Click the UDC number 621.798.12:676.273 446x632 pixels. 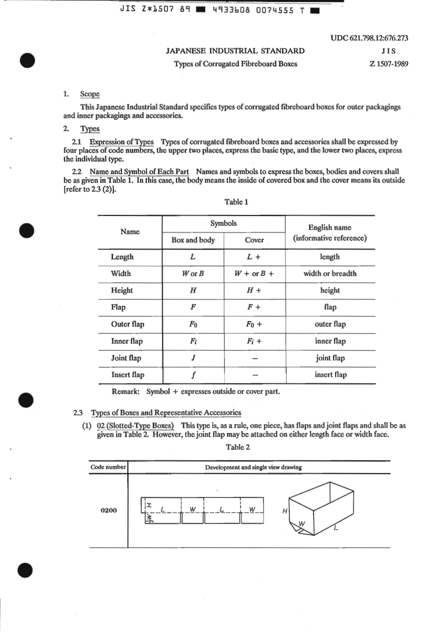[x=369, y=38]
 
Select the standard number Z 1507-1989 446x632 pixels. [x=389, y=64]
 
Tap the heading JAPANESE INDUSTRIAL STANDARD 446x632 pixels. [x=235, y=51]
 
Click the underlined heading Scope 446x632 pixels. [x=90, y=94]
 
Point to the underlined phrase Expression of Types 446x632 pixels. [x=122, y=142]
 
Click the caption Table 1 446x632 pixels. [x=236, y=202]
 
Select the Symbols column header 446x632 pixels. [x=223, y=224]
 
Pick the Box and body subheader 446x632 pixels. [x=193, y=240]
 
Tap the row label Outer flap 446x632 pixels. [x=128, y=324]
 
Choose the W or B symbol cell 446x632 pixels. [x=193, y=274]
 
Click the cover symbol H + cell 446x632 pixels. [x=254, y=291]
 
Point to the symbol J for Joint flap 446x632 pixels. [x=193, y=358]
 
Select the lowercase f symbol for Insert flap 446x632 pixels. [x=193, y=375]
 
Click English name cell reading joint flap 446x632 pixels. [x=330, y=358]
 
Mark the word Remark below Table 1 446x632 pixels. [x=125, y=391]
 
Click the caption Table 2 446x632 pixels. [x=238, y=447]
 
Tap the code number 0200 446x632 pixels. [x=108, y=510]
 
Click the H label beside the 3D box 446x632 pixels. [x=285, y=511]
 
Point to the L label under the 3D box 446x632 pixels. [x=336, y=528]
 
